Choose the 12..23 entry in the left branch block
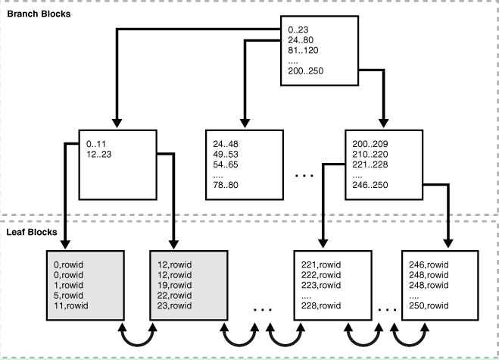tap(98, 152)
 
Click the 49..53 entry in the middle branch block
tap(229, 152)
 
